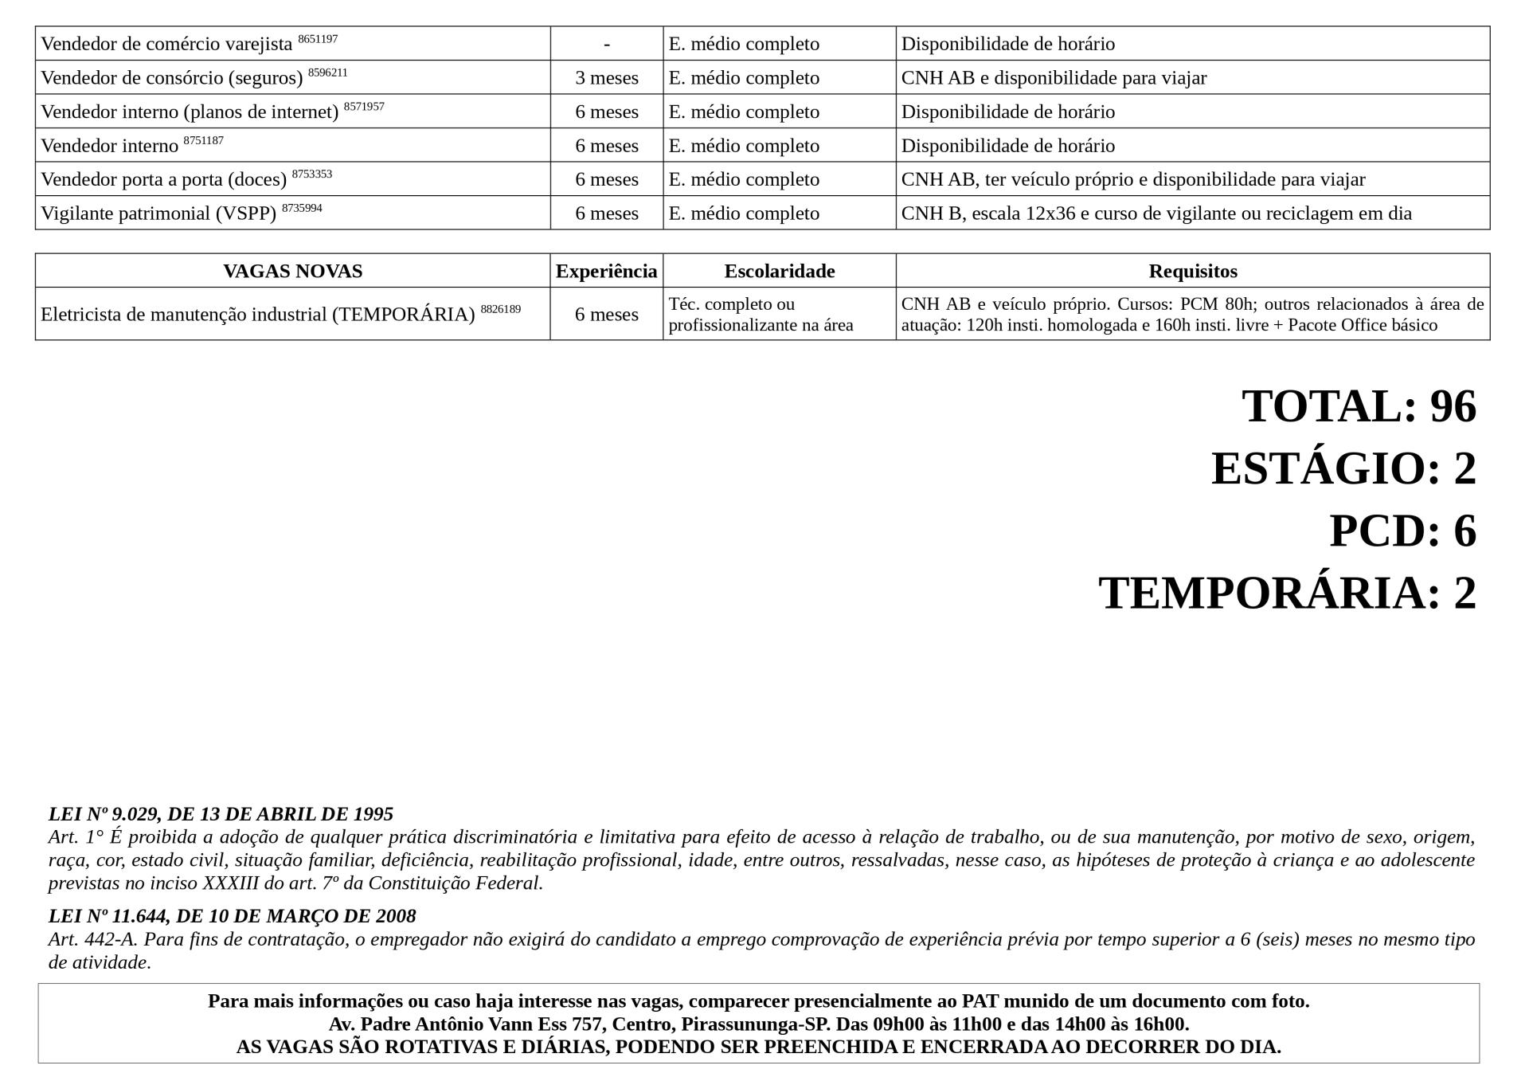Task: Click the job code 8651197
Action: [318, 39]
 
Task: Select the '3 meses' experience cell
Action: [607, 78]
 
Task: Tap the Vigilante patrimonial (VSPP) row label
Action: [158, 213]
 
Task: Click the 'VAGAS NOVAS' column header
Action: [292, 271]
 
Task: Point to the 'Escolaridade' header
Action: [779, 271]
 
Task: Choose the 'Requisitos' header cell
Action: [1192, 271]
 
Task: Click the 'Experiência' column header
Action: [607, 271]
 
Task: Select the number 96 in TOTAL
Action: [1453, 406]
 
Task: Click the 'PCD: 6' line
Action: [1402, 531]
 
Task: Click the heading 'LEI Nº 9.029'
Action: [221, 814]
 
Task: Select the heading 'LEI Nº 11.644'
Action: [232, 916]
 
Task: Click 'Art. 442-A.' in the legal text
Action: [92, 939]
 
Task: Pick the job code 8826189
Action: [500, 309]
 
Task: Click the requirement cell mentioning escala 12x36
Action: [1156, 213]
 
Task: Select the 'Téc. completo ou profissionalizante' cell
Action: [761, 315]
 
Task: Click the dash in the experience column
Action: [607, 45]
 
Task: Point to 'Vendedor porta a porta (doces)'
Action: [163, 180]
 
